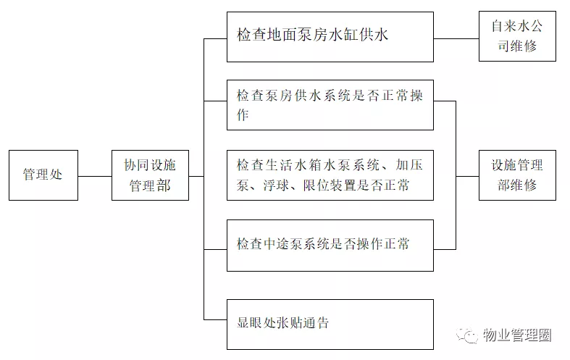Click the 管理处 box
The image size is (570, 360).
tap(43, 175)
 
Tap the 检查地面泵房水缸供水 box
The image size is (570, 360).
tap(330, 36)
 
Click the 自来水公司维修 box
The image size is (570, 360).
tap(517, 36)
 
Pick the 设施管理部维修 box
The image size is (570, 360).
tap(517, 175)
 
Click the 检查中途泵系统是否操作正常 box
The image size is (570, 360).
tap(330, 244)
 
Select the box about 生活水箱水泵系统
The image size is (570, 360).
tap(330, 175)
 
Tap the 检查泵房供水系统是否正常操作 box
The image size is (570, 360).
tap(330, 105)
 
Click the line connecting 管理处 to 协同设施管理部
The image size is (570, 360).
tap(95, 176)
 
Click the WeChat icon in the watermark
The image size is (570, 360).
tap(469, 335)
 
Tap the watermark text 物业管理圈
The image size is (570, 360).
tap(516, 336)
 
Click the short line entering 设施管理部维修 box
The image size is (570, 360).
tap(467, 175)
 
